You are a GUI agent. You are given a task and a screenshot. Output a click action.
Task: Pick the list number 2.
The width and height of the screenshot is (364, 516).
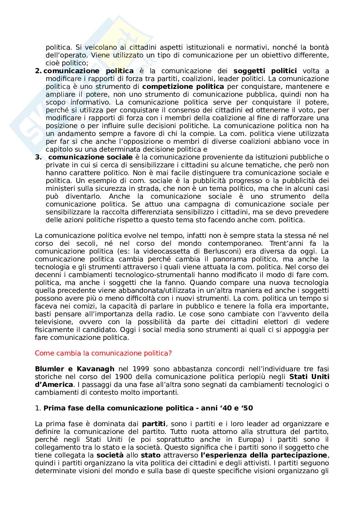[38, 71]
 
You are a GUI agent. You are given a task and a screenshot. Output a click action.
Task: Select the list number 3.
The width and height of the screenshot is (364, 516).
[38, 157]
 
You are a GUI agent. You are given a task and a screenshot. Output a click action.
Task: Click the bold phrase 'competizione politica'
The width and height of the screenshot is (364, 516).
[183, 87]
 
